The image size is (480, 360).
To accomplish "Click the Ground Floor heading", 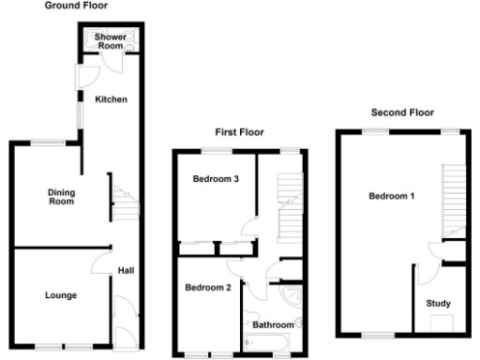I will [76, 6].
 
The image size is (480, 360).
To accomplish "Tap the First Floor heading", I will [240, 132].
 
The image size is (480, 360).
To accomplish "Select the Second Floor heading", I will [402, 112].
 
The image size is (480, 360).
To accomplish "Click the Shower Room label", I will [110, 40].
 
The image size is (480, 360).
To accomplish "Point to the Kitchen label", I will [111, 98].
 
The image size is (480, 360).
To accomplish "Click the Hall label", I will [125, 271].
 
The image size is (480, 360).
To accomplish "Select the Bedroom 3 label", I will [213, 179].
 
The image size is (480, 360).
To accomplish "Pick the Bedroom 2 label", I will [207, 287].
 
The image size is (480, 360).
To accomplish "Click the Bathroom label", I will [273, 324].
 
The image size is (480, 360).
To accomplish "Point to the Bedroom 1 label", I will [391, 196].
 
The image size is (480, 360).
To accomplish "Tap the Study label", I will [438, 303].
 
